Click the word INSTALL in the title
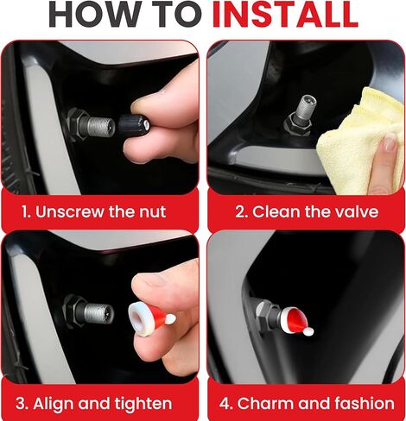(285, 14)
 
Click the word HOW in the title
(94, 14)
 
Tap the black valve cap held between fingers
(133, 125)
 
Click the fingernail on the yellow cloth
(390, 142)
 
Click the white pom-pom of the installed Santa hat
(309, 332)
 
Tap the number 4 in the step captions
(225, 404)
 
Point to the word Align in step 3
(54, 404)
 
